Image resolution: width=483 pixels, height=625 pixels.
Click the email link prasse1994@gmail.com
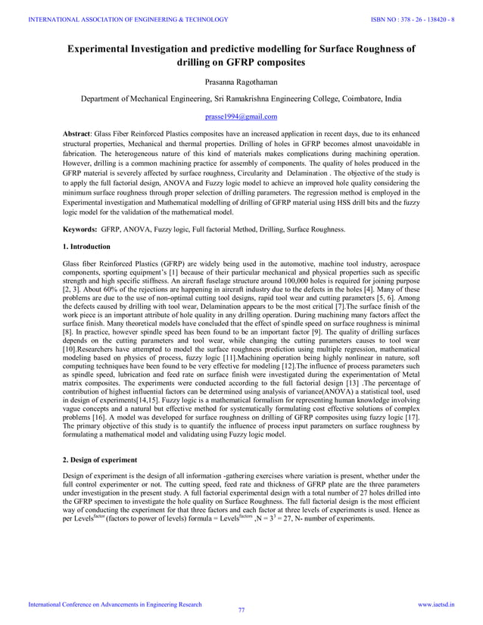click(x=241, y=117)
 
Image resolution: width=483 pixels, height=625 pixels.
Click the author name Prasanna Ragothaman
click(x=241, y=80)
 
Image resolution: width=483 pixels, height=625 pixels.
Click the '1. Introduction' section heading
click(x=87, y=247)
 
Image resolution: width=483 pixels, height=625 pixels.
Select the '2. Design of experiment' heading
click(x=101, y=459)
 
